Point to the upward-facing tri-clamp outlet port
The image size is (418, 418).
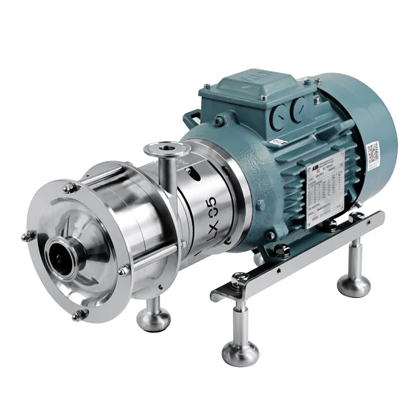tap(160, 149)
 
